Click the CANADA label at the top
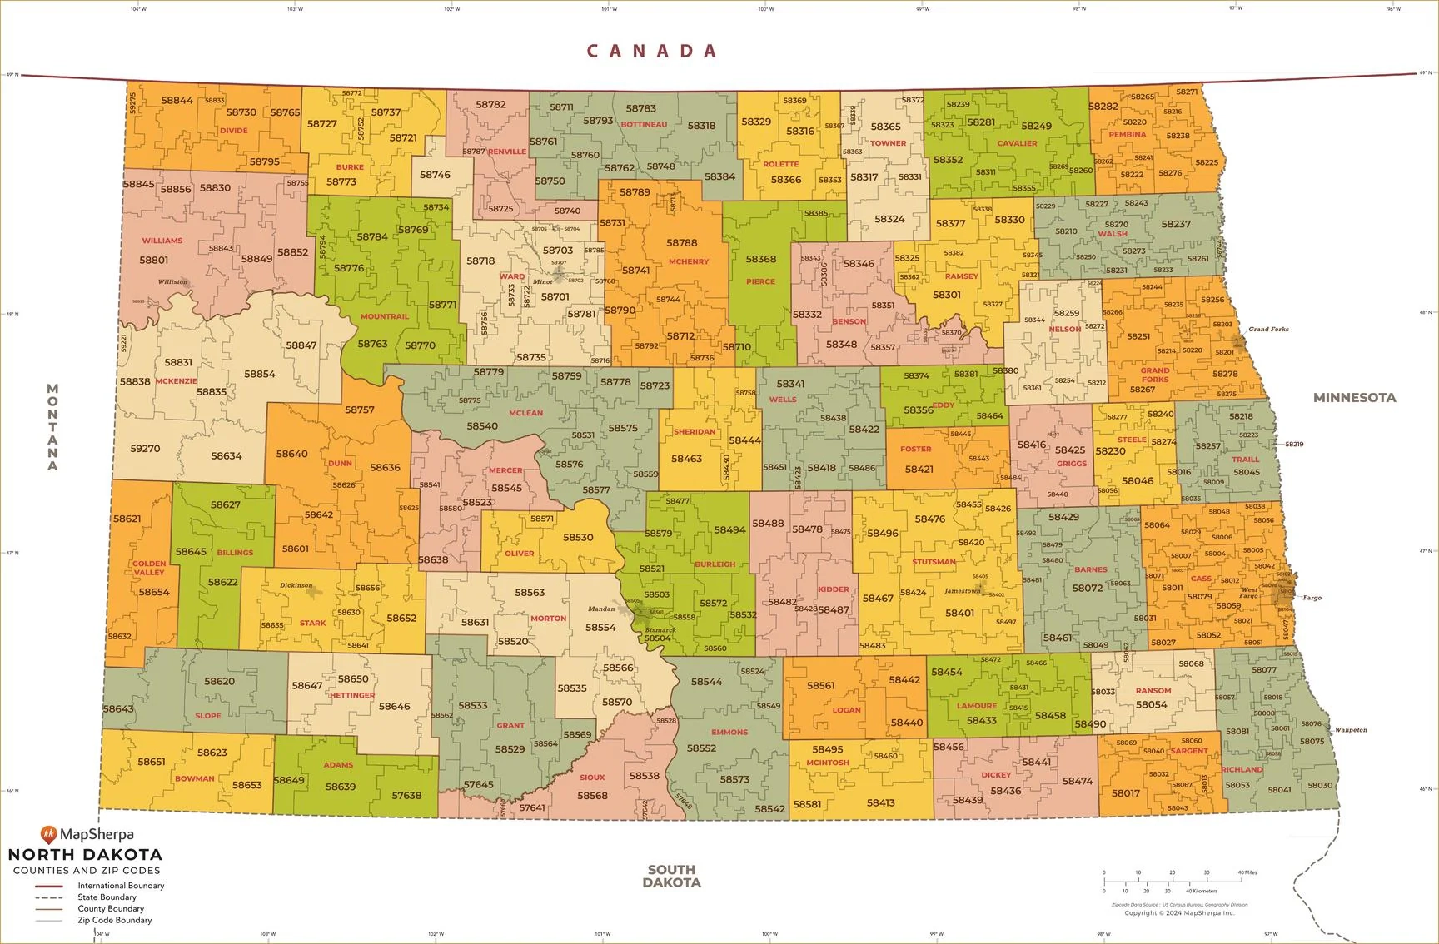click(652, 52)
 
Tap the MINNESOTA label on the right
click(1354, 398)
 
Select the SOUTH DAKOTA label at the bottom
click(671, 876)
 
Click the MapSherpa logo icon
click(48, 833)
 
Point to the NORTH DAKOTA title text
click(85, 855)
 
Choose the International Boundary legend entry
click(120, 886)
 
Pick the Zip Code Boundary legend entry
click(114, 920)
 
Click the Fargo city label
click(1312, 598)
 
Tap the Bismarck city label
click(660, 630)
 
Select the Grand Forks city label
click(1268, 330)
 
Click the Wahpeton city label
click(1351, 730)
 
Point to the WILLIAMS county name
click(162, 241)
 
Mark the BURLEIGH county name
click(715, 564)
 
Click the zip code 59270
click(145, 449)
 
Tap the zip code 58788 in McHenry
click(681, 243)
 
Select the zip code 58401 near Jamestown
click(959, 613)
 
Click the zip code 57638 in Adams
click(406, 795)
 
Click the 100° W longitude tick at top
click(765, 9)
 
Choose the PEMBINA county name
click(1128, 134)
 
